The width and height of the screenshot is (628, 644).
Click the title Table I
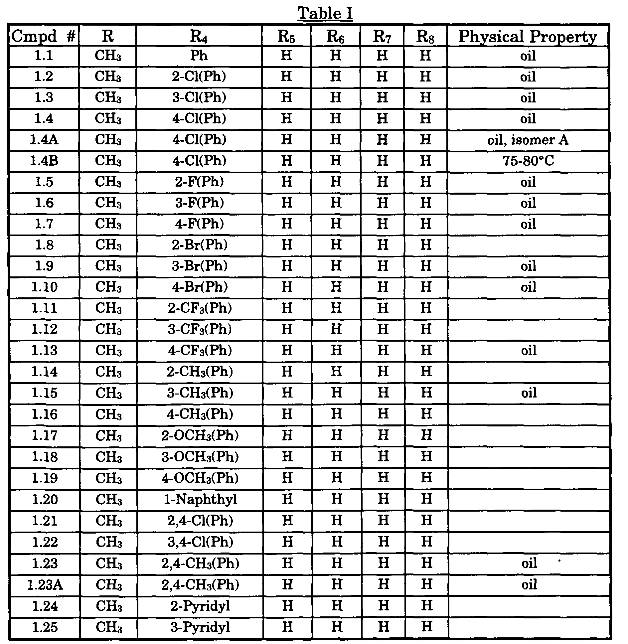click(325, 14)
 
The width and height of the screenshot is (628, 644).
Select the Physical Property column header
click(528, 36)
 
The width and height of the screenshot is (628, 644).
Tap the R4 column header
click(199, 36)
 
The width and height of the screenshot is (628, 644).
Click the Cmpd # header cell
click(44, 36)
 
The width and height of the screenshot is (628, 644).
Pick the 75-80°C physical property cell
click(528, 161)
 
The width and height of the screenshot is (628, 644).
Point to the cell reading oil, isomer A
click(528, 140)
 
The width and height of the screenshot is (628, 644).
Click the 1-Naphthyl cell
click(200, 499)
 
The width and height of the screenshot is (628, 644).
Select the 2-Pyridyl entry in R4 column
click(200, 606)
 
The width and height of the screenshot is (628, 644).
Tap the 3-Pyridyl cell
click(200, 627)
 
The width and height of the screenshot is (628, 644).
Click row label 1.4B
click(44, 161)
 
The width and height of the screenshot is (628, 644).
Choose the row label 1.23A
click(45, 585)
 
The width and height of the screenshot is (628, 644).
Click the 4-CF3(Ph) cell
click(200, 350)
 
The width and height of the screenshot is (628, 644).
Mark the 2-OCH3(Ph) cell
click(200, 435)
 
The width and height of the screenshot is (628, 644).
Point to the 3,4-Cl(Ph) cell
click(200, 542)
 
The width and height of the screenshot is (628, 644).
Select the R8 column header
click(425, 36)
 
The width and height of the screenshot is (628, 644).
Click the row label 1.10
click(44, 287)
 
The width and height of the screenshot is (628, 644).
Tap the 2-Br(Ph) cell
click(200, 245)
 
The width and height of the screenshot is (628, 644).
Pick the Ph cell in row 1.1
click(199, 56)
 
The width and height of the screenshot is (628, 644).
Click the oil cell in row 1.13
click(529, 350)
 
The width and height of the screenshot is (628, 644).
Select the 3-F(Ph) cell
click(200, 203)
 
